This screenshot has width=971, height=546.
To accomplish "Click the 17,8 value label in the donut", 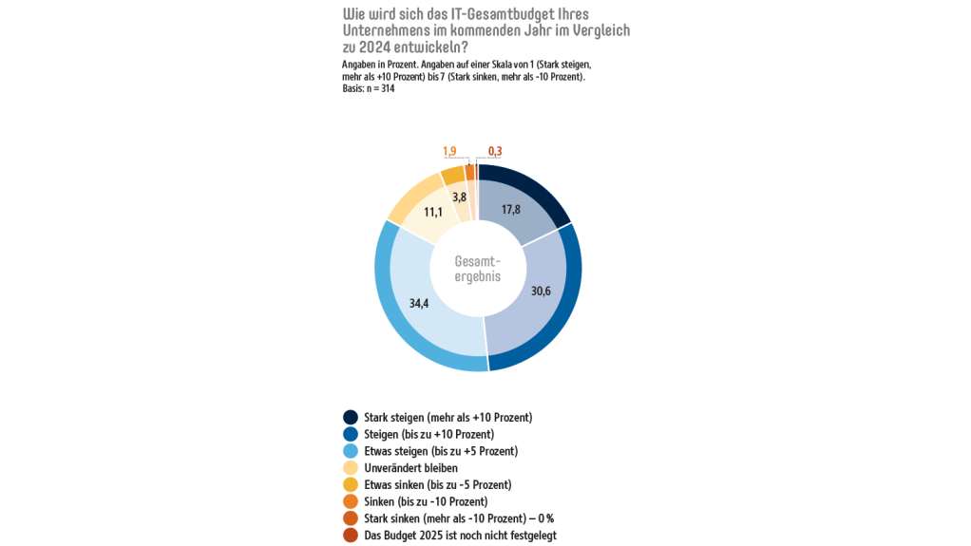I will point(511,210).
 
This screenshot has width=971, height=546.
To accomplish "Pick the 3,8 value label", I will point(460,198).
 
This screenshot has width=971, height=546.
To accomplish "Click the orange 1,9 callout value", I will point(449,151).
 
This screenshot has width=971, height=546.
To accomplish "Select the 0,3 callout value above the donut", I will point(495,151).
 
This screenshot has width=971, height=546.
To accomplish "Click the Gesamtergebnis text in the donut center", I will point(477,269).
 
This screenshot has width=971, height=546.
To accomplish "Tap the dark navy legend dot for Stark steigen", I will point(351,417).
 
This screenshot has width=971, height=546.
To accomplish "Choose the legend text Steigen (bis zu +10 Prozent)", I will point(428,434).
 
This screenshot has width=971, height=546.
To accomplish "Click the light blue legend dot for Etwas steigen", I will point(351,451).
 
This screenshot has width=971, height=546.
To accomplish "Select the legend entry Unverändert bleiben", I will point(410,468).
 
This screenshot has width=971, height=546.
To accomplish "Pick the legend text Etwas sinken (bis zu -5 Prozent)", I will point(437,485).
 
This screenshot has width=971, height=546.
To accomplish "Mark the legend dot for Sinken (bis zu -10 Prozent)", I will point(351,501).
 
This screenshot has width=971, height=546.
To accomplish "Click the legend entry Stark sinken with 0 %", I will point(458,518).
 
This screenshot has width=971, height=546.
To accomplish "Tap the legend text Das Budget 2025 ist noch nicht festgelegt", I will point(460,536).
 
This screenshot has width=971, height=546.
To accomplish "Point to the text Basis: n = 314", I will point(369,88).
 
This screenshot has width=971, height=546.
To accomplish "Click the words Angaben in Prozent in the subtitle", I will point(376,64).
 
